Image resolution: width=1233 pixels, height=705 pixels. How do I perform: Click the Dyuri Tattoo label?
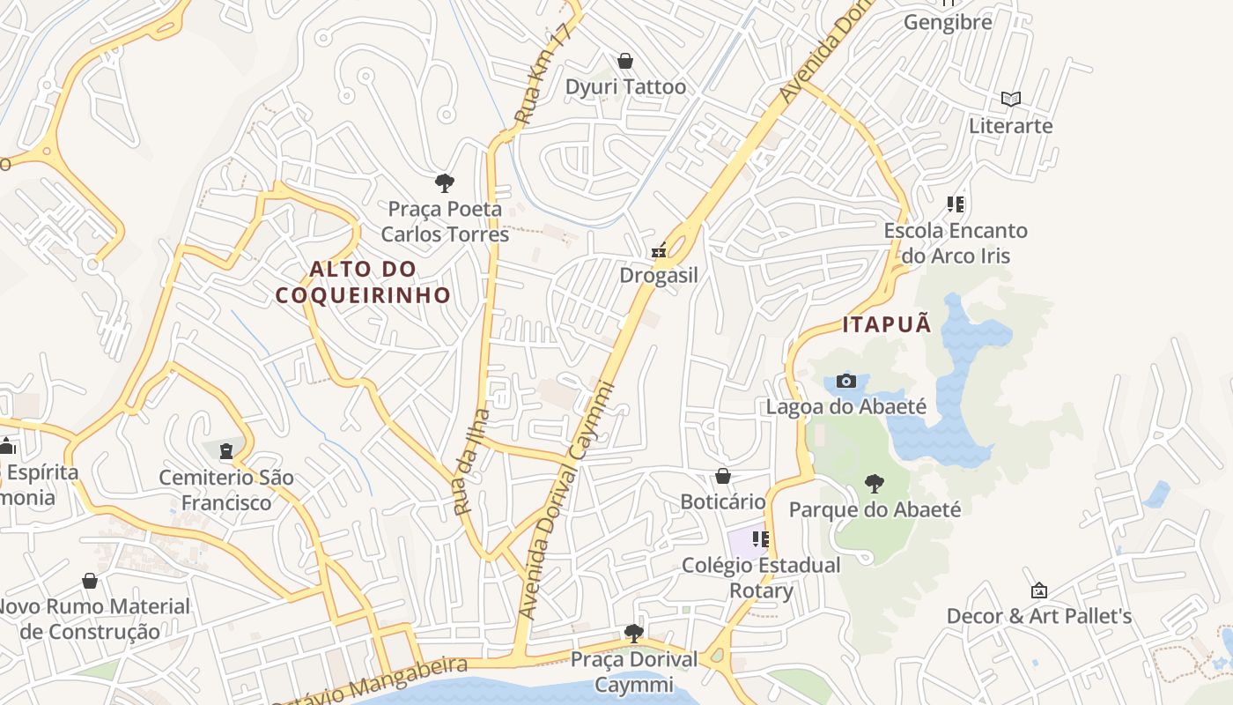[x=625, y=86]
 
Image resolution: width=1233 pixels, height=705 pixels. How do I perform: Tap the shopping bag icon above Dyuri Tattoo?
[x=625, y=60]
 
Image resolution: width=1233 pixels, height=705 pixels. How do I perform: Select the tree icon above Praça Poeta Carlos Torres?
[x=445, y=183]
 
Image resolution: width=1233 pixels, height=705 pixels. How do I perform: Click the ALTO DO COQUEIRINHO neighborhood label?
[x=363, y=282]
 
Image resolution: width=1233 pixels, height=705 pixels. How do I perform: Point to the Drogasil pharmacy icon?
[x=658, y=251]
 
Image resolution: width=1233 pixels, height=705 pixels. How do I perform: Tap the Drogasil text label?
[x=659, y=275]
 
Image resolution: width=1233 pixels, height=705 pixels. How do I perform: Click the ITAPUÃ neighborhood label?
[x=887, y=324]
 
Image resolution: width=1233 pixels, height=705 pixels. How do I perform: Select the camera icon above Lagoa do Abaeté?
[x=846, y=381]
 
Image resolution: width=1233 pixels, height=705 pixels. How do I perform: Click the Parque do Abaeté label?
[x=875, y=509]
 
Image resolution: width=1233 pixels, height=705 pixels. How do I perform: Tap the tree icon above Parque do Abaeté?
[x=874, y=483]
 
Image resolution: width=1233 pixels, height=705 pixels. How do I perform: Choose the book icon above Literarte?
[x=1011, y=99]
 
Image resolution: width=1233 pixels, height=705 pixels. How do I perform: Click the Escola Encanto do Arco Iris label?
[x=956, y=243]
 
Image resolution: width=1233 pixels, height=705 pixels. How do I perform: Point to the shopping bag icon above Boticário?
[x=723, y=476]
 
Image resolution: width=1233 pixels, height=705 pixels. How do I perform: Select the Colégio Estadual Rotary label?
[x=762, y=577]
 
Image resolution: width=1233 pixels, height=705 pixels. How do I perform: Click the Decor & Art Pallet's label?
[x=1039, y=615]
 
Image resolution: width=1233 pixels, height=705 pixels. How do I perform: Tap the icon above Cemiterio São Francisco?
[x=226, y=451]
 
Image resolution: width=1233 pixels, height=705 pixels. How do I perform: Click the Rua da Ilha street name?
[x=471, y=462]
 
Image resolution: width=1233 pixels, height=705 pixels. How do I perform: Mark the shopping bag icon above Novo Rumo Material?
[x=90, y=581]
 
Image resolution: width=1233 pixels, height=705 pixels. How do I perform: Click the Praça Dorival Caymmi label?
[x=634, y=672]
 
